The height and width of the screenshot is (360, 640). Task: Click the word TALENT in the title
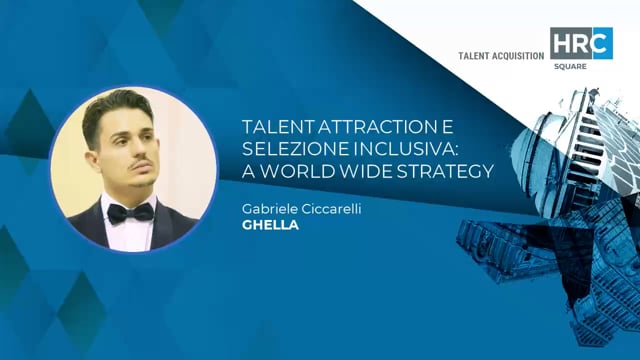274,129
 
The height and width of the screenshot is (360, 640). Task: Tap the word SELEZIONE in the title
288,150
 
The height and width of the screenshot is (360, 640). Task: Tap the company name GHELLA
264,225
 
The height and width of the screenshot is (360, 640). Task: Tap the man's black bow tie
130,211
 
